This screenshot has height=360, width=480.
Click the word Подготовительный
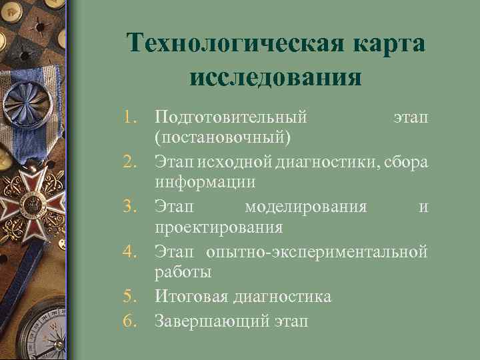[x=231, y=118]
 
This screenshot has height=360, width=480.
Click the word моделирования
[x=305, y=207]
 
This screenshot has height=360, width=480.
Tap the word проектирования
[x=219, y=227]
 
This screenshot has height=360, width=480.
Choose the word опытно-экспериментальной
[x=316, y=252]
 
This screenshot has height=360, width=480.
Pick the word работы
[x=183, y=273]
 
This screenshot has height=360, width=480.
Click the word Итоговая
[x=191, y=297]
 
